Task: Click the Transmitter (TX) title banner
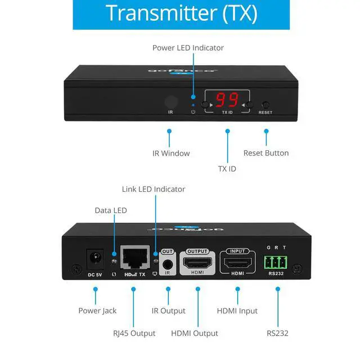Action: (x=181, y=13)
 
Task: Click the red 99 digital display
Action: (x=228, y=100)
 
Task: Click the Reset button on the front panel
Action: (x=265, y=105)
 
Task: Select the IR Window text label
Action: (x=171, y=153)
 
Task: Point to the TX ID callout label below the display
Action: (x=227, y=168)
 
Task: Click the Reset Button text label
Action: (x=266, y=153)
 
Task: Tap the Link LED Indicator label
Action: (x=154, y=189)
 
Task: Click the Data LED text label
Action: (x=111, y=210)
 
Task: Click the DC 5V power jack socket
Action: (x=94, y=260)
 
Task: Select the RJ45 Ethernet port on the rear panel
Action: (x=135, y=259)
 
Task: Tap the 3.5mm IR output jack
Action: (x=167, y=264)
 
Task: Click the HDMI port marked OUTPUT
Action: (x=197, y=263)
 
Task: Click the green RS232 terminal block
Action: (x=276, y=262)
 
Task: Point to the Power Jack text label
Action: (x=98, y=310)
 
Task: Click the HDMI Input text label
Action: (x=237, y=310)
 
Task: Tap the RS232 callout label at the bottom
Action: (x=277, y=333)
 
